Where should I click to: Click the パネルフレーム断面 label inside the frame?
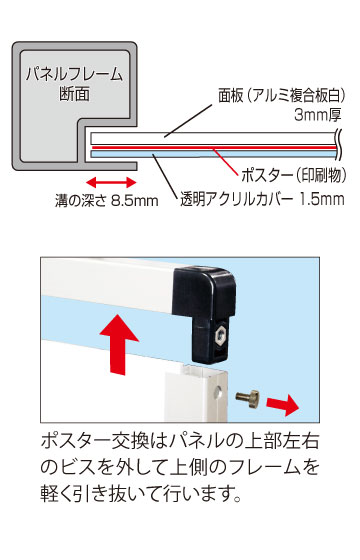[x=74, y=84]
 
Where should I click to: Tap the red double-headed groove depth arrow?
[x=111, y=182]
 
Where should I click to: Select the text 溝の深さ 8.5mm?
[x=106, y=200]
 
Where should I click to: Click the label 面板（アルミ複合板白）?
[x=282, y=95]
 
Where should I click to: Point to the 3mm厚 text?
[x=318, y=115]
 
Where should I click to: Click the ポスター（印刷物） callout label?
[x=294, y=175]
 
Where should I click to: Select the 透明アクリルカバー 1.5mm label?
[x=262, y=199]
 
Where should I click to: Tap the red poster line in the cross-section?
[x=214, y=148]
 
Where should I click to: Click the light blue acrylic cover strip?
[x=214, y=154]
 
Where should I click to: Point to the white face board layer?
[x=214, y=139]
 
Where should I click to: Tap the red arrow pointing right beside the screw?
[x=282, y=405]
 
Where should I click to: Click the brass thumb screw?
[x=248, y=398]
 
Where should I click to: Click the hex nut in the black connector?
[x=221, y=336]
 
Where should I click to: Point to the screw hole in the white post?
[x=219, y=393]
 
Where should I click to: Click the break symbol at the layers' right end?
[x=340, y=146]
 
